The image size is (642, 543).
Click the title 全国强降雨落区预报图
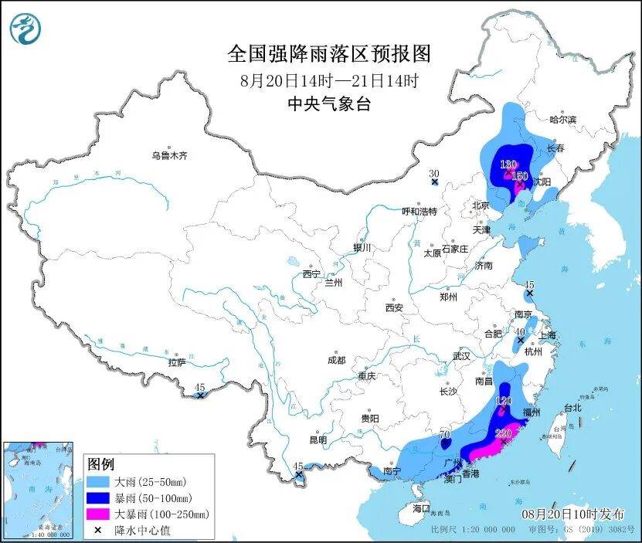[328, 54]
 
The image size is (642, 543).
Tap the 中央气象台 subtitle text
[328, 104]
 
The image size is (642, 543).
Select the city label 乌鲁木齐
[169, 155]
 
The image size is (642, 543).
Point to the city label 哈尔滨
[562, 120]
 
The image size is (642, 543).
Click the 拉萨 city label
[177, 362]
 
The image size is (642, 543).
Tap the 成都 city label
[336, 360]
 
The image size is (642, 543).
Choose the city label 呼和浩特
[420, 211]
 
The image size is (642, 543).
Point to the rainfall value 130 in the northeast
[508, 165]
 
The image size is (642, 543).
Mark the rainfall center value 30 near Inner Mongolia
[433, 173]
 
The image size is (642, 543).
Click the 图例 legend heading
[100, 464]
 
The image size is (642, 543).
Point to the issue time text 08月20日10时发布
[572, 514]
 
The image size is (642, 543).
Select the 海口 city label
[420, 510]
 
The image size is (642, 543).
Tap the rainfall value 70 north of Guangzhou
[444, 436]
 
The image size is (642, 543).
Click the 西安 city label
[394, 307]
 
